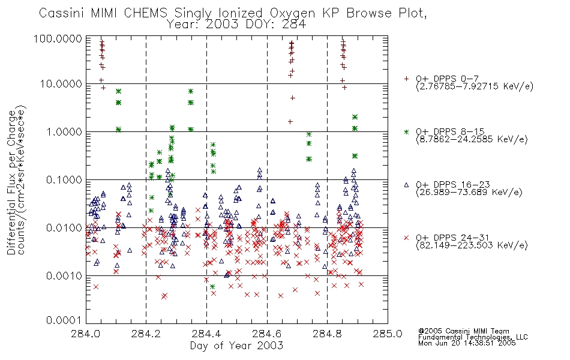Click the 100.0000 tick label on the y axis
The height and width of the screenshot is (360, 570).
coord(58,38)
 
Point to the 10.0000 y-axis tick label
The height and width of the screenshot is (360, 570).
coord(61,84)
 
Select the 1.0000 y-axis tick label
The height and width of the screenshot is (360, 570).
coord(64,131)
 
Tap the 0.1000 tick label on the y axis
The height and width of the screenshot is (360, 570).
coord(64,179)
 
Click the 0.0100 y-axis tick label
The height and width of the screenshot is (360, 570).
coord(64,227)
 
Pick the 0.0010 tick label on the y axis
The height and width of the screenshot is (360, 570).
coord(64,275)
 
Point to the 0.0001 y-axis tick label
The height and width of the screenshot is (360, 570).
coord(64,320)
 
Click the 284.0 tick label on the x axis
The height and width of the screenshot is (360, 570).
coord(86,334)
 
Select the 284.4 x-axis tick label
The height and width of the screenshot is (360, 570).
coord(206,334)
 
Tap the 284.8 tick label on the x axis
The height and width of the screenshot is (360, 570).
coord(327,334)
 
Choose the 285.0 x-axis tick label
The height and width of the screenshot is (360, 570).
coord(388,334)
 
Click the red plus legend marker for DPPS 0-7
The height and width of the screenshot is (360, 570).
coord(406,79)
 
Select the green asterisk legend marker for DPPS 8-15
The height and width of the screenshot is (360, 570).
coord(406,131)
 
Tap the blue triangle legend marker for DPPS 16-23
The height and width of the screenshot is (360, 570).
coord(406,185)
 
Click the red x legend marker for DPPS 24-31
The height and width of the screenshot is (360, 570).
coord(406,238)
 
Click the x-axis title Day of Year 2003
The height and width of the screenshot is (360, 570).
coord(236,346)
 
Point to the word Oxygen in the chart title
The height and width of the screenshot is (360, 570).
coord(292,14)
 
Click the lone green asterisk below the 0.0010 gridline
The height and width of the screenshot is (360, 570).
coord(212,287)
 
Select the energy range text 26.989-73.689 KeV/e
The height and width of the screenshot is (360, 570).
coord(469,192)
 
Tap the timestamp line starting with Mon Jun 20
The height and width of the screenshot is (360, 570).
coord(467,343)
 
